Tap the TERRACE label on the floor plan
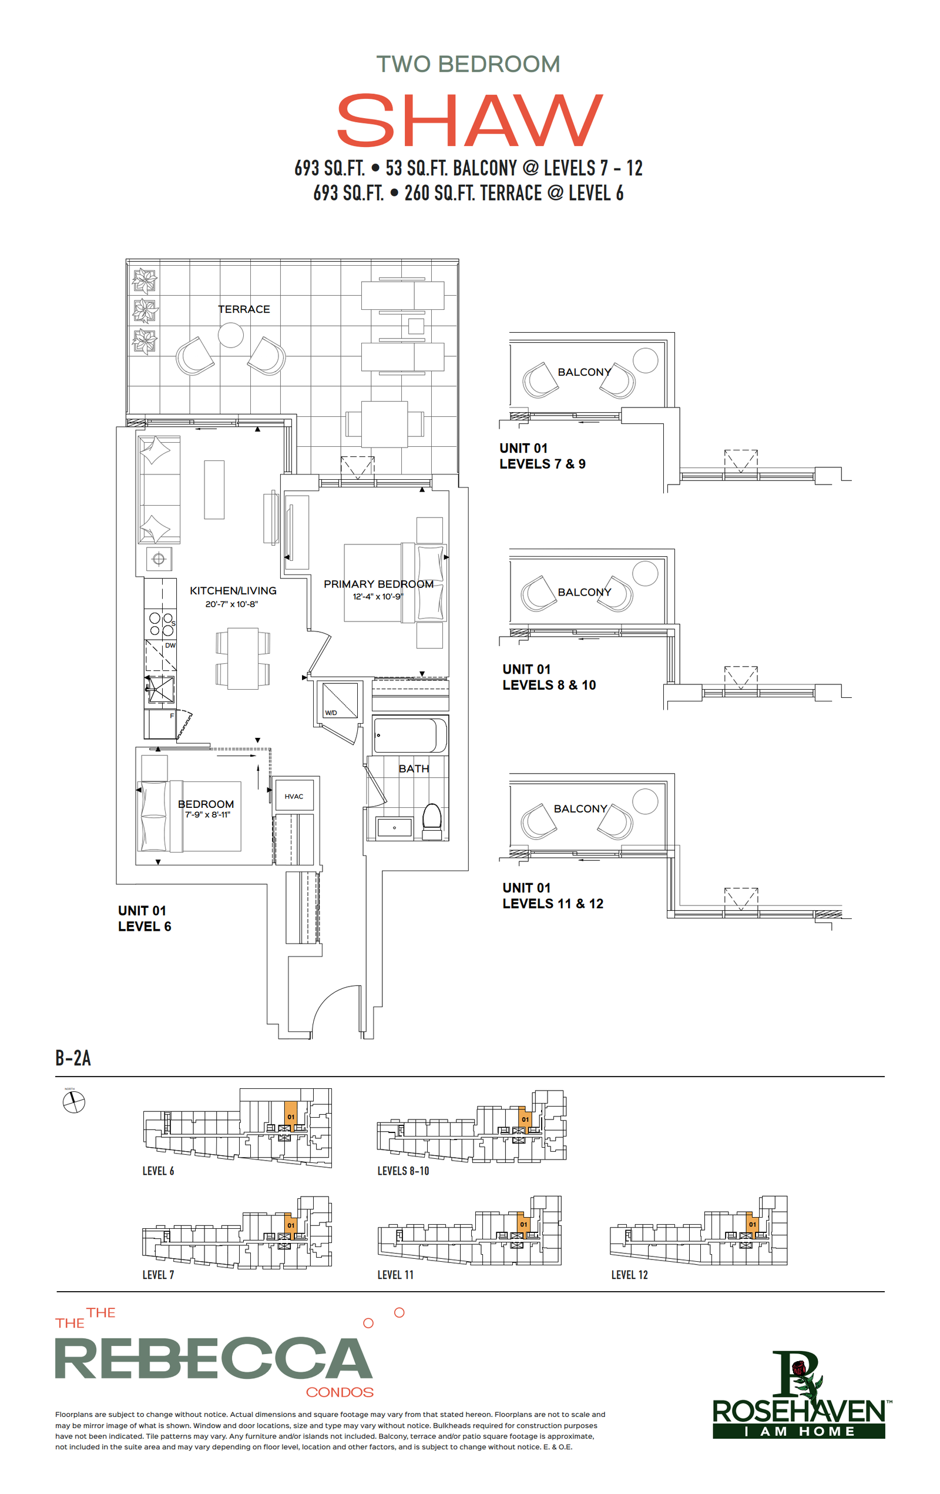(x=244, y=309)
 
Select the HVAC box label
(x=294, y=797)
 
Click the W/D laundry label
(x=331, y=713)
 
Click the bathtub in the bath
(x=410, y=735)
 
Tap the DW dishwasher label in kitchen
(x=170, y=645)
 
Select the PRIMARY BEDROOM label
(x=378, y=584)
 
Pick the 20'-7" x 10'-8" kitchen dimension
(x=231, y=604)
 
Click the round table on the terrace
(x=231, y=335)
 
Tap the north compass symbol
(x=74, y=1102)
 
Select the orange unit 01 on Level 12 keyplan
(x=752, y=1224)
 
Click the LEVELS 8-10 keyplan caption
(x=403, y=1171)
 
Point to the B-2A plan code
(x=73, y=1058)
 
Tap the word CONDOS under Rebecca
(x=340, y=1392)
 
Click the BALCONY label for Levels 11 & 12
(x=580, y=808)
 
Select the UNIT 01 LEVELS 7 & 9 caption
(x=542, y=456)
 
